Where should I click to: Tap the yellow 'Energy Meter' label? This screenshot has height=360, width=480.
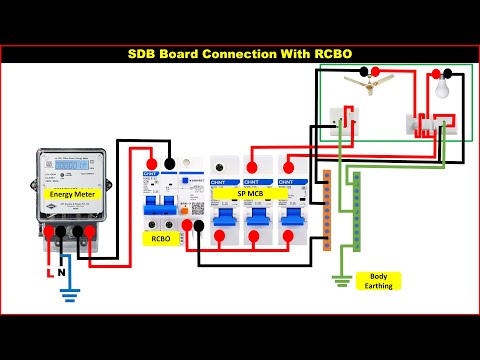point(73,193)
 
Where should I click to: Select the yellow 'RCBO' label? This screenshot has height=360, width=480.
point(159,239)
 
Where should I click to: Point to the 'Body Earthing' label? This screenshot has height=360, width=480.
point(379,280)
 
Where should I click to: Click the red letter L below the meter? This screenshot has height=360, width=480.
point(45,271)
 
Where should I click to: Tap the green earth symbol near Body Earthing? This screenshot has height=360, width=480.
point(341,282)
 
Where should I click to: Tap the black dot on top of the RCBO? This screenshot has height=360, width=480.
point(169,162)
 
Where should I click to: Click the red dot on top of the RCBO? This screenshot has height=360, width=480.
point(152,162)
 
